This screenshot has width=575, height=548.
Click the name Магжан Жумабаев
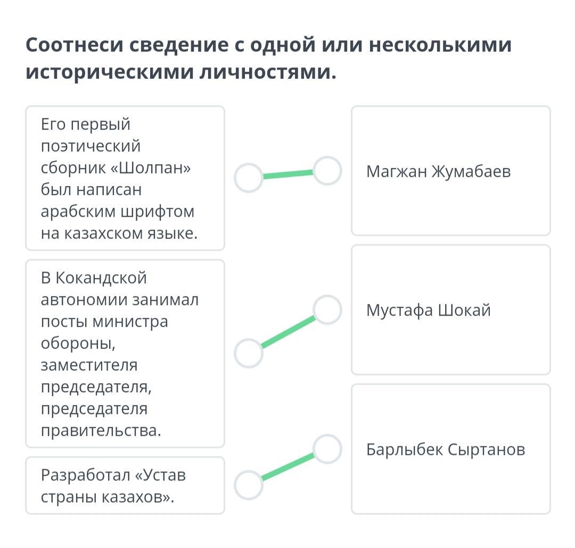point(438,171)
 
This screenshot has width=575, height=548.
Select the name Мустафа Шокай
point(428,310)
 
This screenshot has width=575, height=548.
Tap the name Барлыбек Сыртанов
point(446,449)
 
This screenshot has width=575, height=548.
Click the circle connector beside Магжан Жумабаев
point(327,171)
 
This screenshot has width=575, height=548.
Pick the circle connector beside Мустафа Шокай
point(327,310)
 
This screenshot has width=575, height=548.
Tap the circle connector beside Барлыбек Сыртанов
point(327,449)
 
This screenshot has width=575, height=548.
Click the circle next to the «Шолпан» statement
point(249,178)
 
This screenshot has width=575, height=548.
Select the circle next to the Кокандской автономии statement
point(249,353)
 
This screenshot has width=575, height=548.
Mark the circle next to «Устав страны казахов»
point(249,485)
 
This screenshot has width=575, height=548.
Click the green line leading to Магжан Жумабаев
point(288,174)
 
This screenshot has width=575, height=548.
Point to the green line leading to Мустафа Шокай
point(288,332)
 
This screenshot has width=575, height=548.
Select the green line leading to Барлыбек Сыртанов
point(288,467)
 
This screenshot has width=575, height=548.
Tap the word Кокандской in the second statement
point(101,278)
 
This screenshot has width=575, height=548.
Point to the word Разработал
point(85,475)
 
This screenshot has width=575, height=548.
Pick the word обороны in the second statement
point(78,343)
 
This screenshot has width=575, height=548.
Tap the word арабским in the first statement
point(78,212)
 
